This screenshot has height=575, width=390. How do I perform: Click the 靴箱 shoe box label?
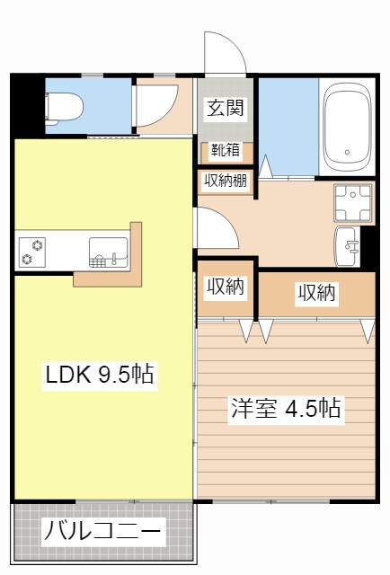226,151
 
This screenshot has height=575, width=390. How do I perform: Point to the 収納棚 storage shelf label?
226,181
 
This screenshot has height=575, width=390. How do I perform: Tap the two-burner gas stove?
34,252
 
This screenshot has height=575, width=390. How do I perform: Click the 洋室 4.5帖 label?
284,409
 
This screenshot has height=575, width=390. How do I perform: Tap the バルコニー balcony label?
102,532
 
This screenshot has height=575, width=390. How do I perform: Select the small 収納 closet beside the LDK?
226,287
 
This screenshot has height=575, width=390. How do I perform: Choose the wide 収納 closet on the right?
316,293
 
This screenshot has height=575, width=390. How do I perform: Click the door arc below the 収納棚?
216,229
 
